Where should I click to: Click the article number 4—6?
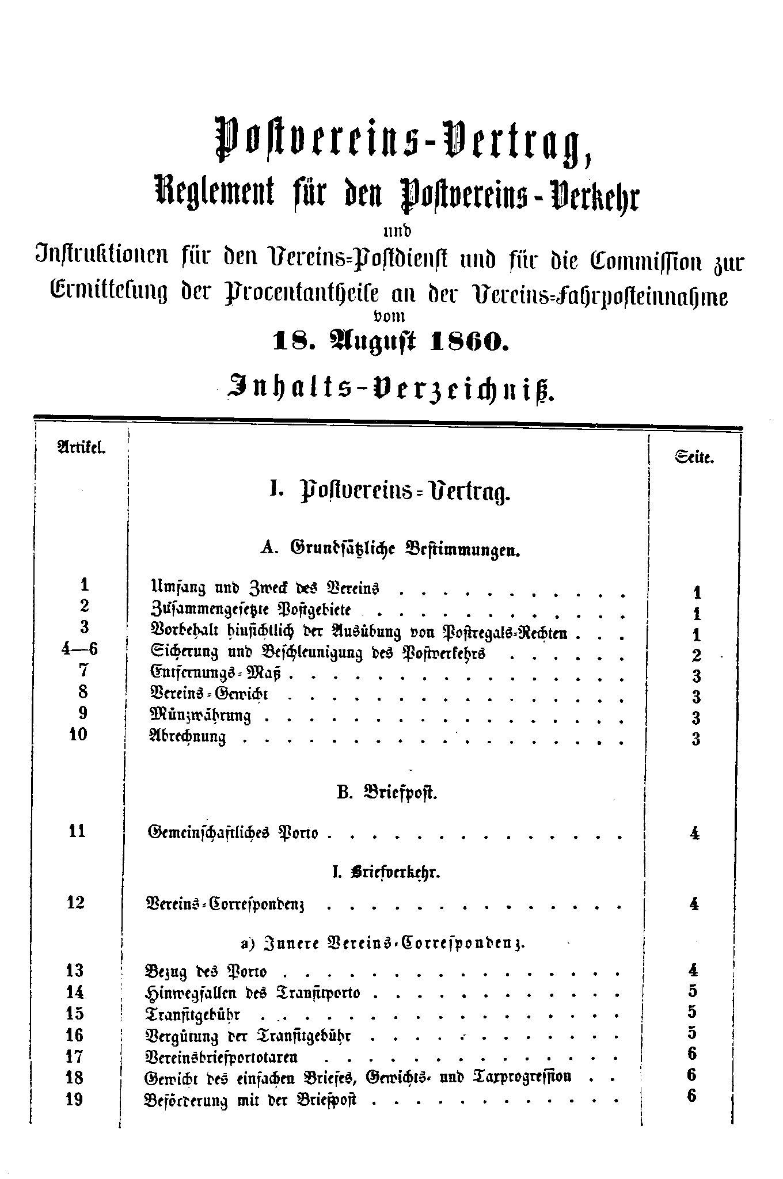tap(79, 649)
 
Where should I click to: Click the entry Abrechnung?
tap(187, 737)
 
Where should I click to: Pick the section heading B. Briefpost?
tap(386, 793)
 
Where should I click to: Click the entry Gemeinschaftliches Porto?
tap(233, 832)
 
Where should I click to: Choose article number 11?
tap(76, 831)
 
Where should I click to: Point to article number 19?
tap(75, 1100)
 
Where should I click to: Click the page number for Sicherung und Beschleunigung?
tap(696, 655)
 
